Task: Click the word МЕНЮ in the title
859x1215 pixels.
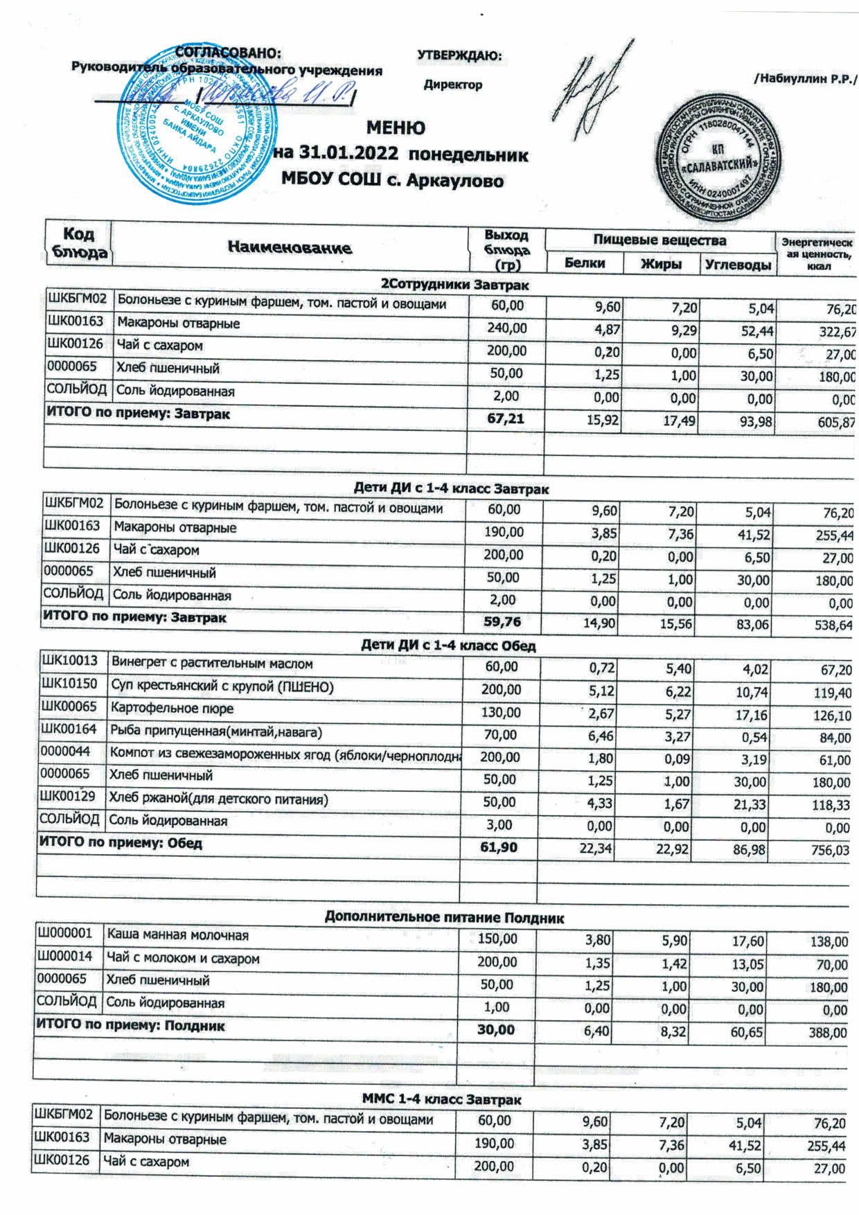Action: click(x=396, y=128)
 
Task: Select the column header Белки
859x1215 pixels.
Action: click(x=584, y=263)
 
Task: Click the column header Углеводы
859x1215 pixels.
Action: click(x=738, y=265)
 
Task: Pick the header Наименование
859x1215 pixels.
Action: click(x=290, y=247)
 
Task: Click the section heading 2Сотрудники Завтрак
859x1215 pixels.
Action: click(x=454, y=284)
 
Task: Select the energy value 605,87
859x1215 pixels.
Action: click(x=836, y=422)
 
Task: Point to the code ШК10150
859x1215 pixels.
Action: click(x=69, y=685)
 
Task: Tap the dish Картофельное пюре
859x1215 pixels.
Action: click(x=171, y=709)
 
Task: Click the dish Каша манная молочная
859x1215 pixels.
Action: click(x=177, y=936)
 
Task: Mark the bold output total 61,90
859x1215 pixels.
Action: click(x=498, y=847)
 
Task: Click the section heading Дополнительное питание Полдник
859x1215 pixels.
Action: click(x=444, y=918)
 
